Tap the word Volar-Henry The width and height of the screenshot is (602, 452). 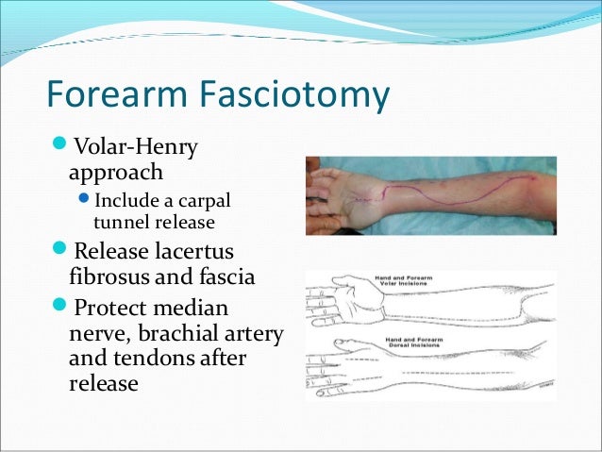point(136,148)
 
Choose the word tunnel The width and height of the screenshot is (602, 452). point(119,223)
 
